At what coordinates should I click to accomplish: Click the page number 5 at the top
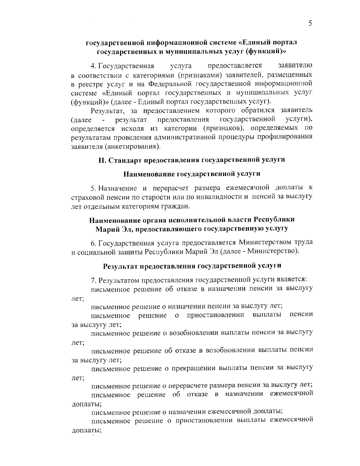[310, 23]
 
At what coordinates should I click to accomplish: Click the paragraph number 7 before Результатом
[93, 280]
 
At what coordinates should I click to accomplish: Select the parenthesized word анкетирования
[133, 147]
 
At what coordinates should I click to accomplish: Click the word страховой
[86, 197]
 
